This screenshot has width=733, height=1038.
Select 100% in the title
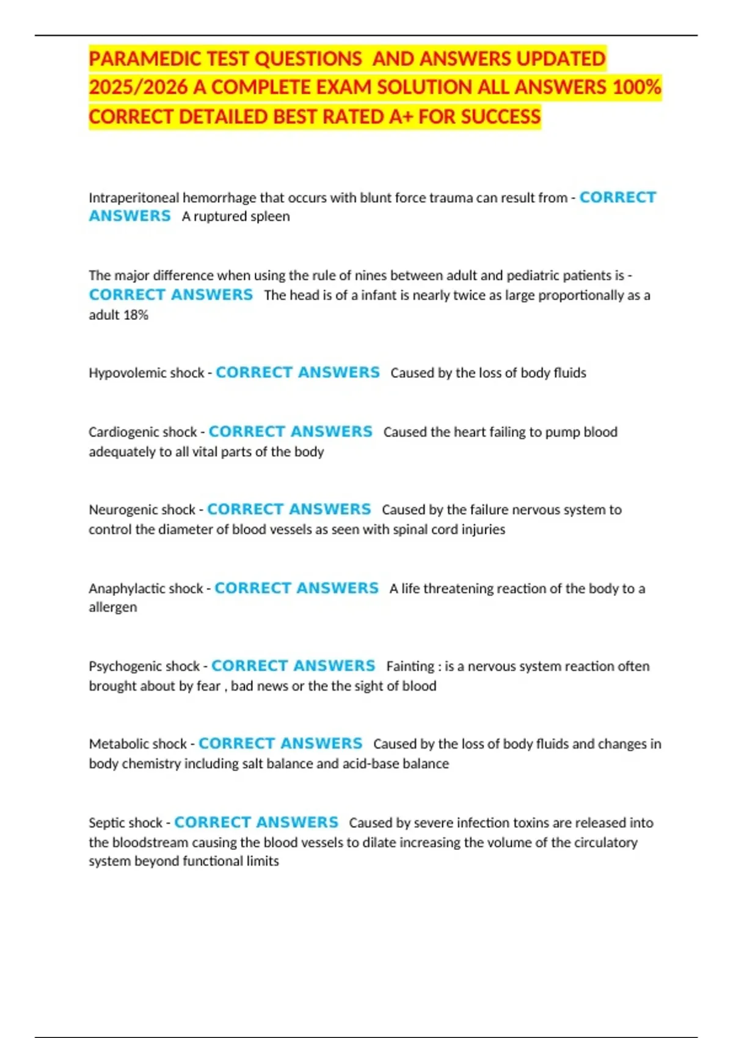[636, 88]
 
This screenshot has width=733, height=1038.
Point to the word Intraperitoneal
[134, 198]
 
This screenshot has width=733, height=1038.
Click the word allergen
[113, 608]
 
